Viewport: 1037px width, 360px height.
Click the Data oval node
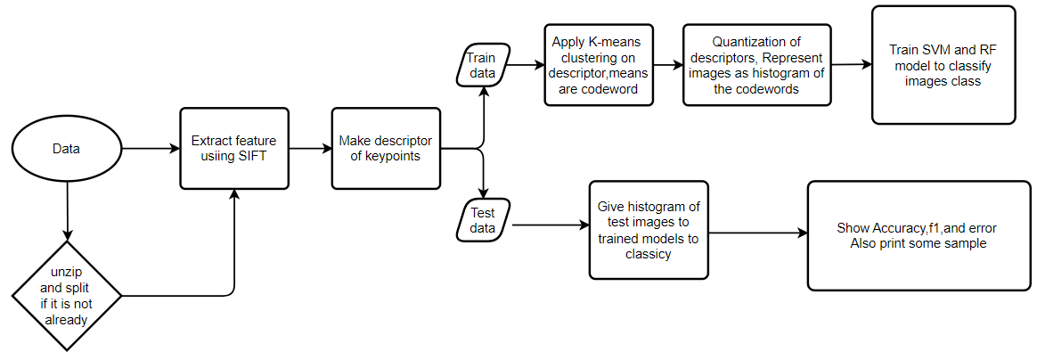point(67,149)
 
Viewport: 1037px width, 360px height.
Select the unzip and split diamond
point(67,295)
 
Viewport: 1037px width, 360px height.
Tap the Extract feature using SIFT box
point(234,149)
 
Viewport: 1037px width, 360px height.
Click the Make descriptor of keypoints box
point(387,149)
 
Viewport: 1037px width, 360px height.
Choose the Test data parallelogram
point(482,221)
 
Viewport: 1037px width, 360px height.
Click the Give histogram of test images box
point(648,230)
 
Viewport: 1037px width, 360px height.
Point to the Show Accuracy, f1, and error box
point(919,235)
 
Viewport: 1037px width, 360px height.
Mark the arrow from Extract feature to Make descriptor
point(310,149)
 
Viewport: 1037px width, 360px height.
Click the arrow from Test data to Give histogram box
point(550,225)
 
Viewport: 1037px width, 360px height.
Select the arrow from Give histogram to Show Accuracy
point(757,233)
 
